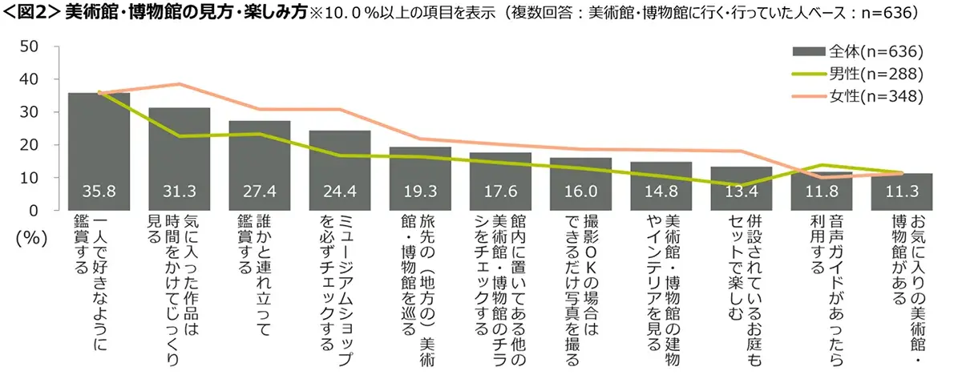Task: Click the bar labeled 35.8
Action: (x=99, y=152)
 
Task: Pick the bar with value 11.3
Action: (x=902, y=192)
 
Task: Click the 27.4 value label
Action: (x=260, y=193)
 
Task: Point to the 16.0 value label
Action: (x=580, y=193)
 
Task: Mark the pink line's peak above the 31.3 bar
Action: (x=180, y=83)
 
